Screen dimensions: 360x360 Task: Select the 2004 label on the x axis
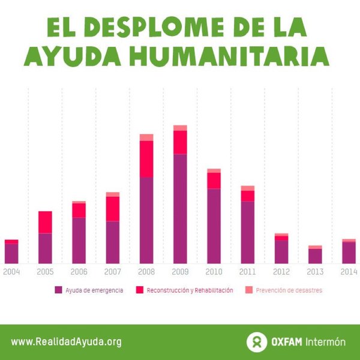pyautogui.click(x=11, y=272)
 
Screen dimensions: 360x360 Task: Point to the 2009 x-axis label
pyautogui.click(x=180, y=272)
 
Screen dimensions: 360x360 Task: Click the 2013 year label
pyautogui.click(x=315, y=272)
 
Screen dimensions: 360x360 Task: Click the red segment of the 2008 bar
pyautogui.click(x=146, y=159)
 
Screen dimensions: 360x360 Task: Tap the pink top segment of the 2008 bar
pyautogui.click(x=146, y=137)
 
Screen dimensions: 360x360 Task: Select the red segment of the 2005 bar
pyautogui.click(x=45, y=222)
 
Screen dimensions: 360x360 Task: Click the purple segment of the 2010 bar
pyautogui.click(x=214, y=226)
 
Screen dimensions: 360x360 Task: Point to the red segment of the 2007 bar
pyautogui.click(x=113, y=209)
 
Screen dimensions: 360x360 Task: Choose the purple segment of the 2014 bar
pyautogui.click(x=349, y=253)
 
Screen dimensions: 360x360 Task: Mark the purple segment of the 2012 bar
pyautogui.click(x=281, y=251)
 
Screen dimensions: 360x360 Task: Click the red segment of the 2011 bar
pyautogui.click(x=247, y=196)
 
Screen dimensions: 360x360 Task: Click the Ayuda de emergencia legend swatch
pyautogui.click(x=58, y=290)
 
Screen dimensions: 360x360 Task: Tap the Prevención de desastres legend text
pyautogui.click(x=289, y=290)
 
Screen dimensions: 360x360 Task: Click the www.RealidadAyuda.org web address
pyautogui.click(x=66, y=342)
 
